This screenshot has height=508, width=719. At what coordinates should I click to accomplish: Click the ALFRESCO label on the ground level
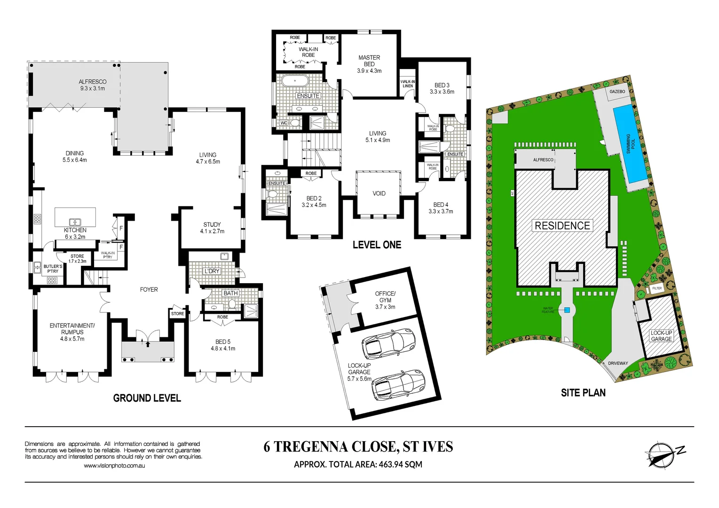click(93, 85)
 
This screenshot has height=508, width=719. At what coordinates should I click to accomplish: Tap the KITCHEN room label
click(75, 233)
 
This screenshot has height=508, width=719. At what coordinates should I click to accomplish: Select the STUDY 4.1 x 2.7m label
click(212, 228)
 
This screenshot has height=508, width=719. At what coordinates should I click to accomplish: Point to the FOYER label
click(149, 290)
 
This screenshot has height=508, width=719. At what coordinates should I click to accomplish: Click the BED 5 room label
click(223, 345)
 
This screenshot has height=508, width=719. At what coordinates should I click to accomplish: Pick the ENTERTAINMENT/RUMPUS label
click(72, 332)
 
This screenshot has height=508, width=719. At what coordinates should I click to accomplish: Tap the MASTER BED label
click(369, 64)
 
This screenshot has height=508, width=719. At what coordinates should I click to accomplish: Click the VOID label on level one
click(379, 193)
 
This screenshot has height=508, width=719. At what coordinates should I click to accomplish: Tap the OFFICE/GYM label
click(385, 300)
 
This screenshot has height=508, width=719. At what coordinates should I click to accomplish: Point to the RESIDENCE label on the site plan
click(562, 226)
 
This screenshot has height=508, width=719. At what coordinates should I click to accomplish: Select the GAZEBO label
click(617, 91)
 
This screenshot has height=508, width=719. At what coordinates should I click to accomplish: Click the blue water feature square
click(567, 310)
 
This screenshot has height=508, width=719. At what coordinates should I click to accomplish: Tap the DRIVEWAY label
click(618, 363)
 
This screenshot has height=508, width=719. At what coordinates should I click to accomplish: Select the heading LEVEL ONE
click(377, 245)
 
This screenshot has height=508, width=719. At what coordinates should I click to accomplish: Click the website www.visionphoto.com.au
click(114, 466)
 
